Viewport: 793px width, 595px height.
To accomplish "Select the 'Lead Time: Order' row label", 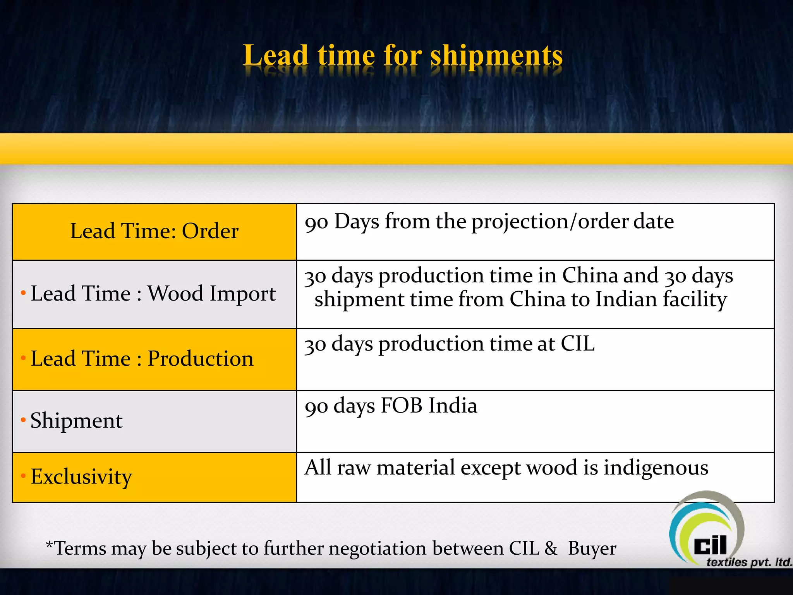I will pyautogui.click(x=154, y=231).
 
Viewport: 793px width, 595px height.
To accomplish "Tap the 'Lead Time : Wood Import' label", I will pyautogui.click(x=153, y=293).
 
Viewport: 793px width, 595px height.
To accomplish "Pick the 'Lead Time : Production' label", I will pyautogui.click(x=142, y=358).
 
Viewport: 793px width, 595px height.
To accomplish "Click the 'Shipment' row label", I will pyautogui.click(x=76, y=420).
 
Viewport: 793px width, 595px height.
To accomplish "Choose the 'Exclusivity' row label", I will pyautogui.click(x=81, y=476).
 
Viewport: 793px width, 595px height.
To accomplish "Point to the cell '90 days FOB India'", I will pyautogui.click(x=391, y=406).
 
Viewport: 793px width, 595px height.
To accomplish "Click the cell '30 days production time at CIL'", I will pyautogui.click(x=449, y=344).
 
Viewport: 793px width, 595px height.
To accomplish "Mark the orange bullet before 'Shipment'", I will pyautogui.click(x=23, y=420).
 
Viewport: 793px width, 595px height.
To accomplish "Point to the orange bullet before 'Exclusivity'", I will pyautogui.click(x=23, y=476).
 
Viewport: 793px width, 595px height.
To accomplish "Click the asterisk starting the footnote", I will pyautogui.click(x=49, y=545).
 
